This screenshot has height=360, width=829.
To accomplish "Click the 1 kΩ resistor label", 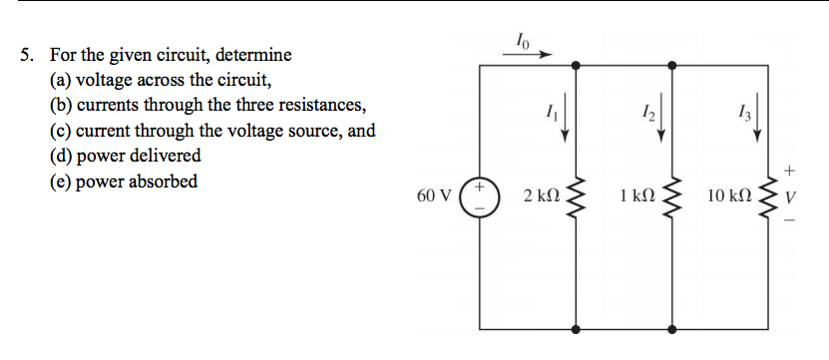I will [635, 195].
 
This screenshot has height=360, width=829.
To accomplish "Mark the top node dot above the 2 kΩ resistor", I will [575, 65].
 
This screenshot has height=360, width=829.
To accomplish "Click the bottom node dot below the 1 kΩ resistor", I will [670, 327].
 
